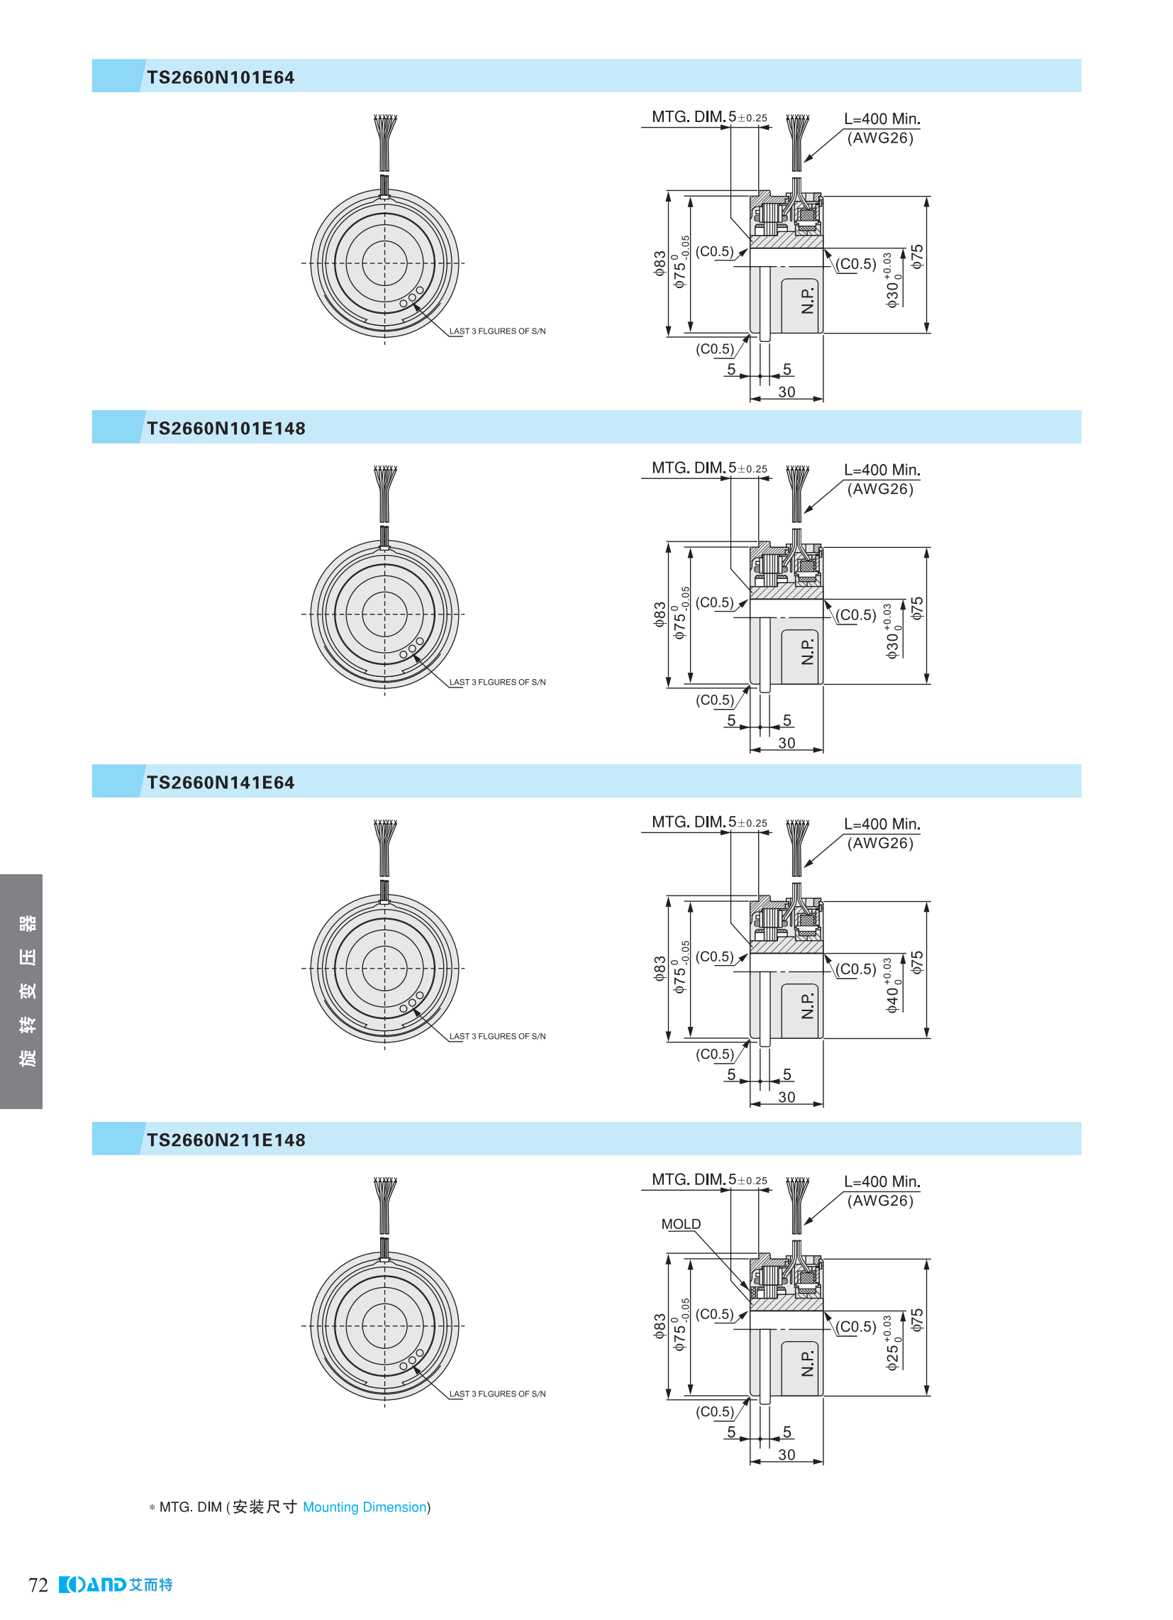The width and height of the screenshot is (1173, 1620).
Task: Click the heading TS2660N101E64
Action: tap(220, 77)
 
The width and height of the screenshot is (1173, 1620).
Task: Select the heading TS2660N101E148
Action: tap(226, 428)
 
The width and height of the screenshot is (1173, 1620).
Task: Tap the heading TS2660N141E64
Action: tap(220, 782)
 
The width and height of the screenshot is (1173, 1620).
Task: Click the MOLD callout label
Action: tap(680, 1223)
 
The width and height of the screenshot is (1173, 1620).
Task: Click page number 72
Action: tap(38, 1585)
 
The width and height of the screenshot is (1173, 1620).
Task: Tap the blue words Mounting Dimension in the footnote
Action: tap(364, 1506)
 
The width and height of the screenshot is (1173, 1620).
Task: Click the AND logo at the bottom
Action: tap(116, 1585)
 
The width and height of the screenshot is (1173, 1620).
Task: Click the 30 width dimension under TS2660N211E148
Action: tap(786, 1454)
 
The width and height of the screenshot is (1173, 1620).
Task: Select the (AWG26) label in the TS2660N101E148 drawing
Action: tap(879, 489)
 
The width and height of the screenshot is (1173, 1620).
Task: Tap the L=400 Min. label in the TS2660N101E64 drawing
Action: tap(882, 119)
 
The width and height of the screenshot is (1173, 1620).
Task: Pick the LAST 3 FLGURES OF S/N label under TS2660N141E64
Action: tap(497, 1036)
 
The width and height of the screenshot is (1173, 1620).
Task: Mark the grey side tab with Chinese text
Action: tap(21, 991)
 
